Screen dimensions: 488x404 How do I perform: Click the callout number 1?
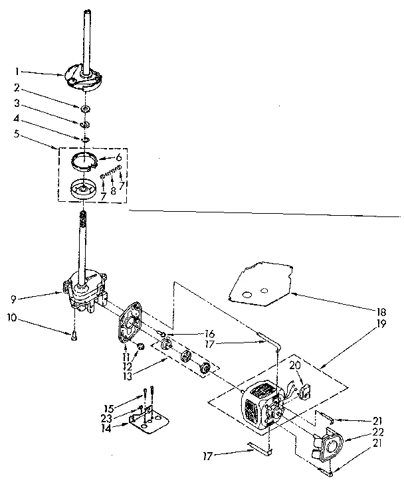(x=18, y=70)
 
